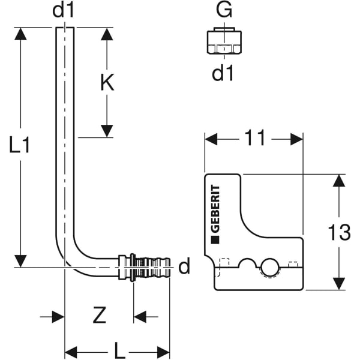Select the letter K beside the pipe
106,83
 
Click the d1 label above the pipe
65,11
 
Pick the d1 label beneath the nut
223,73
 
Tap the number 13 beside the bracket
339,232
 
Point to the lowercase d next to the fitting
184,266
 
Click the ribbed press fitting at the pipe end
147,266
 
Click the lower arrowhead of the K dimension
107,130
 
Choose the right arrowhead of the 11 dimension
296,139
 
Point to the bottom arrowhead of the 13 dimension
340,283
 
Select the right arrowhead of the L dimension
163,352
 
